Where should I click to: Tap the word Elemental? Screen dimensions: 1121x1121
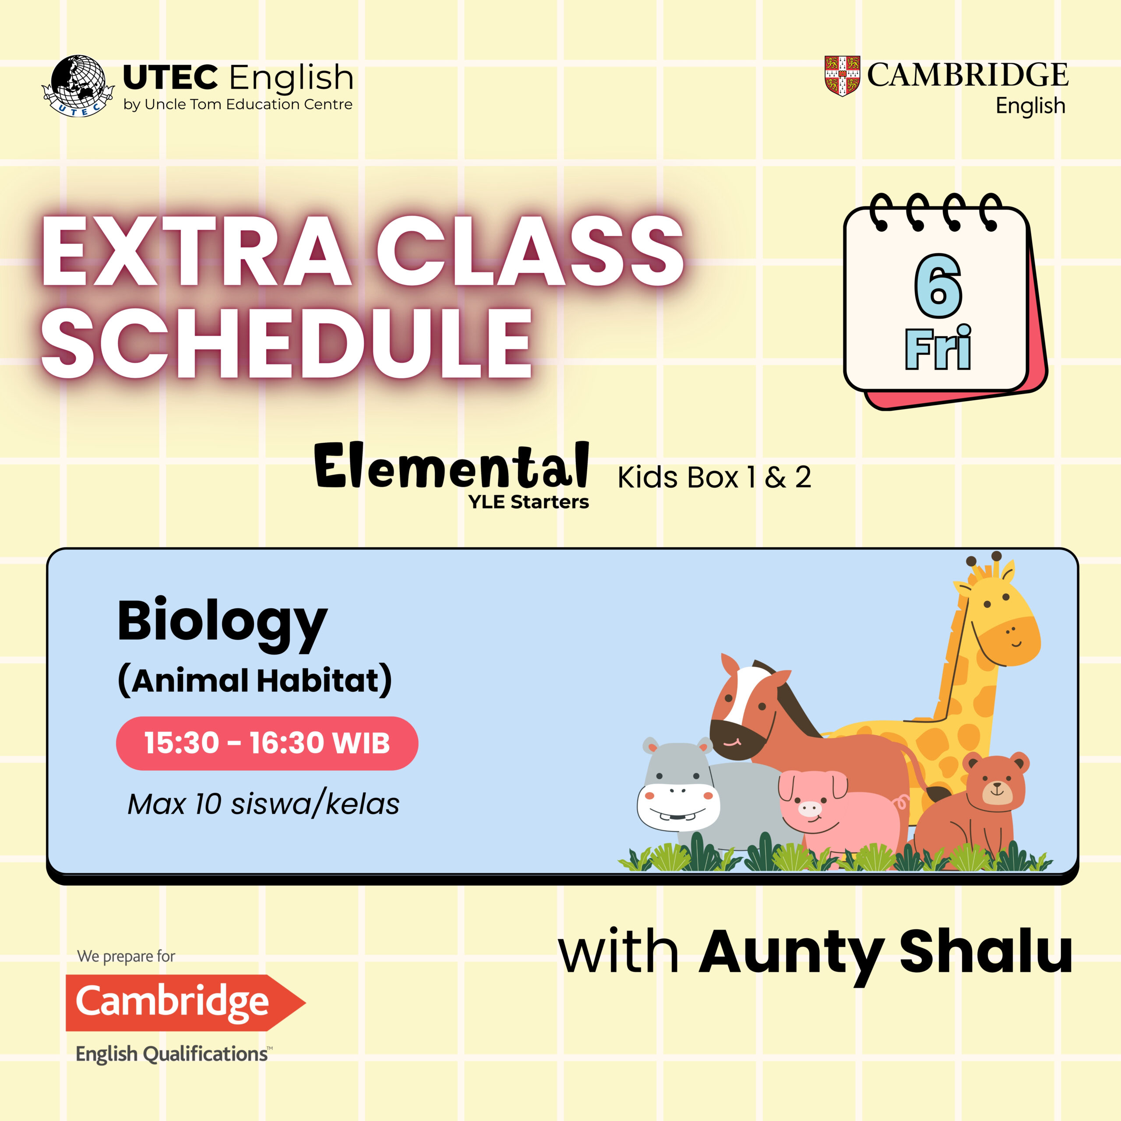[452, 465]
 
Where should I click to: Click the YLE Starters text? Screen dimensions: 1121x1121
[529, 502]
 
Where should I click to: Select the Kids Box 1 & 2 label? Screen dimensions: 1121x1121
[714, 478]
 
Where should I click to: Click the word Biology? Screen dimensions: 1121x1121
[223, 624]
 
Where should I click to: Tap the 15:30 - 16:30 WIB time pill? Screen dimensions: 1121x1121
[267, 743]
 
